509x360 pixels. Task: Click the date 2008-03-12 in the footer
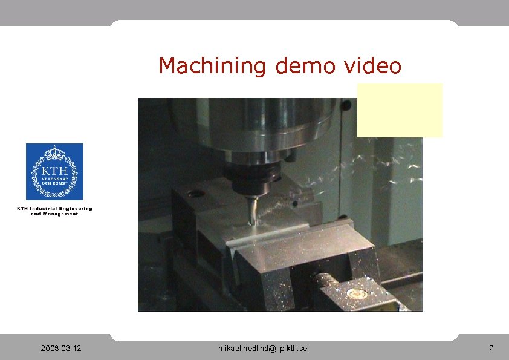(62, 349)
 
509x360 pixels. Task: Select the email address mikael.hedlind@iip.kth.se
(262, 349)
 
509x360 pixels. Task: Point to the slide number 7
(491, 348)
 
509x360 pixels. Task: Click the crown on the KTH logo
(54, 151)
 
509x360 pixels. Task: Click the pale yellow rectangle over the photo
(400, 110)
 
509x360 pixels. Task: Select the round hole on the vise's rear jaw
(195, 194)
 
